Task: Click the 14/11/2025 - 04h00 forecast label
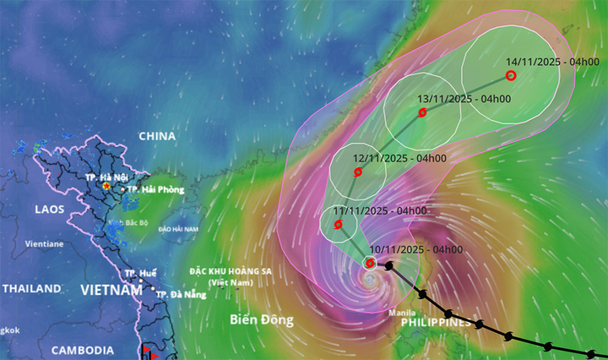(552, 62)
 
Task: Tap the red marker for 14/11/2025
(510, 75)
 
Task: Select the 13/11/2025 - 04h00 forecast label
(464, 99)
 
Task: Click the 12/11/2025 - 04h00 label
(399, 158)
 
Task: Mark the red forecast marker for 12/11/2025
(358, 172)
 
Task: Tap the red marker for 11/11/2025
(338, 225)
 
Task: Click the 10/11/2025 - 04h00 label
(415, 249)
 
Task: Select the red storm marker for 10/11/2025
(370, 263)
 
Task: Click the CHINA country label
(156, 136)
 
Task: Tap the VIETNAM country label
(111, 290)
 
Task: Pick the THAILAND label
(31, 288)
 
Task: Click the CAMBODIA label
(84, 350)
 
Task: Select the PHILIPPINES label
(435, 323)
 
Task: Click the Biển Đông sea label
(262, 320)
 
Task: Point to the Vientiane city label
(44, 243)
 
